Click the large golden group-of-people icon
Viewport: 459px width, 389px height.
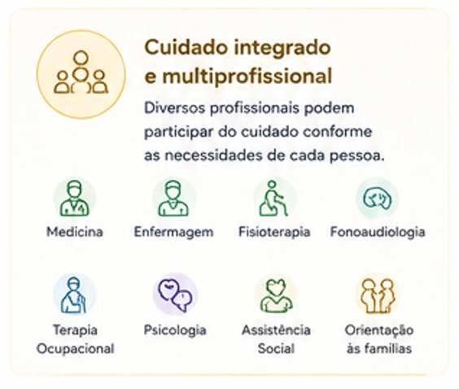[x=81, y=74]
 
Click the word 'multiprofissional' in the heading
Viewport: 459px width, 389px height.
[x=247, y=76]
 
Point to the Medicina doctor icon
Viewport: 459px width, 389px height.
[x=74, y=198]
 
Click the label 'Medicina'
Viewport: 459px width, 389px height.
[x=75, y=232]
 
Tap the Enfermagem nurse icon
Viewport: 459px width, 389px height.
[x=173, y=198]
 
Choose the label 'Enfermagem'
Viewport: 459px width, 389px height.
[x=173, y=233]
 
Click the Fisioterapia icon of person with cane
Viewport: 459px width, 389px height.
[x=273, y=198]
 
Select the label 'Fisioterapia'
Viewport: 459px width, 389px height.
[x=274, y=233]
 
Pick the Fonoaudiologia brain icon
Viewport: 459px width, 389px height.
[x=378, y=198]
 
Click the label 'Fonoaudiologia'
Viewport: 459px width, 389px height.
[x=378, y=233]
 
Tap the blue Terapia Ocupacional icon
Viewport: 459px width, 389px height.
[x=74, y=295]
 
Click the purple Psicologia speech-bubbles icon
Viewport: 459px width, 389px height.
[x=175, y=295]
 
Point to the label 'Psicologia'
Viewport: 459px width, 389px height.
[x=175, y=330]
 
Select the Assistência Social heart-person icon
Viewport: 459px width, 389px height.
[x=277, y=295]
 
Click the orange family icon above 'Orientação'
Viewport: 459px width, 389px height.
[x=378, y=295]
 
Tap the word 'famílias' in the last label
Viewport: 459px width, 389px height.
[x=388, y=348]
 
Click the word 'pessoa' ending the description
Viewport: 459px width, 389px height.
[x=355, y=155]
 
